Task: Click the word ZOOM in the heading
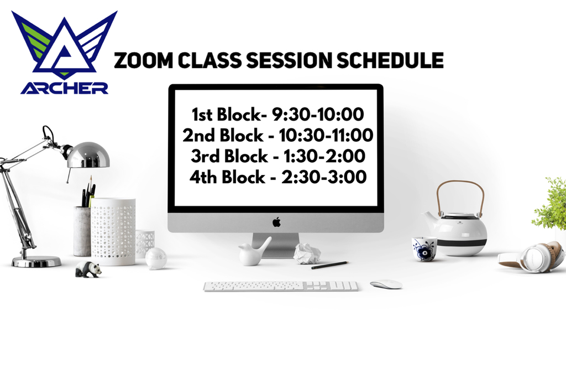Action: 144,60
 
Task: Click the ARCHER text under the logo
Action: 64,88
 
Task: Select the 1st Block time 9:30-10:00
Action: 318,114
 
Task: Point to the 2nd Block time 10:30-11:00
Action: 326,135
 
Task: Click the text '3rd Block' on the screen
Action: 229,156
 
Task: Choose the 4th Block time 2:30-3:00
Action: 324,177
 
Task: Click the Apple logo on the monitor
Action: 276,222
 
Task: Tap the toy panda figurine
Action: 88,269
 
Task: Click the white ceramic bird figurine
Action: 254,251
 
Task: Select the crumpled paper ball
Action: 307,253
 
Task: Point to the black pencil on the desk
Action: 329,265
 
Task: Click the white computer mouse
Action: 386,284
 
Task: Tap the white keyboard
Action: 281,287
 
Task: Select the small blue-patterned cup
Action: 424,248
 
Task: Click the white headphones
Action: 532,257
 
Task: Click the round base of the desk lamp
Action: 36,261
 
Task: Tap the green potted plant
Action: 551,204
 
